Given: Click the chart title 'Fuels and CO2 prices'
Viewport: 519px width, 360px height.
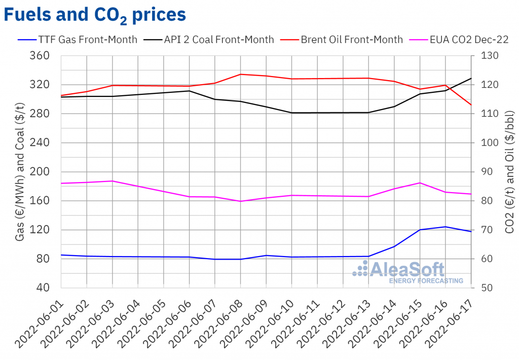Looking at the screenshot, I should (95, 15).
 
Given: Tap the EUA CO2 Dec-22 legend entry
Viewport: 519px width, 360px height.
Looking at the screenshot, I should (462, 39).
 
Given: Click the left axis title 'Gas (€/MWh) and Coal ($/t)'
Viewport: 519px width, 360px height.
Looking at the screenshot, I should (19, 171).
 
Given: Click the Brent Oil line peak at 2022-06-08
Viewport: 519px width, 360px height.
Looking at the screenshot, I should (241, 75).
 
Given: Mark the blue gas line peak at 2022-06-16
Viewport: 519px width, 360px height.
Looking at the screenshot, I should (446, 227).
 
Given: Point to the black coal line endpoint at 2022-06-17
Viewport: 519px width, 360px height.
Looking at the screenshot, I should (471, 78).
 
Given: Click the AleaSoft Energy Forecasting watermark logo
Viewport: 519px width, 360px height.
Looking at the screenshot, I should (408, 273).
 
